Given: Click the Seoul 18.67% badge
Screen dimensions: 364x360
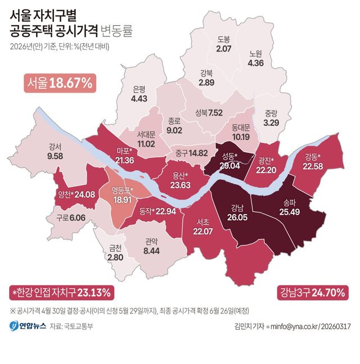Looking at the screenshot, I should coord(60,83).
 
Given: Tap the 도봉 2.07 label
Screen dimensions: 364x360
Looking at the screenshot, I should coord(223,44).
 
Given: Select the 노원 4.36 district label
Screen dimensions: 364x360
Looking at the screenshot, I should coord(255,58).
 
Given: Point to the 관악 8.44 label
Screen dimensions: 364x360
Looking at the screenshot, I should coord(151,247).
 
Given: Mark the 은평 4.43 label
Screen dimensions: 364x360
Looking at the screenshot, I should coord(139,94).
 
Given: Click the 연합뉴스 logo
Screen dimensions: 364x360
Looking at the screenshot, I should coord(27,326).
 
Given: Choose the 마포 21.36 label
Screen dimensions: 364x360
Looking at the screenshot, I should coord(124,156).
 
